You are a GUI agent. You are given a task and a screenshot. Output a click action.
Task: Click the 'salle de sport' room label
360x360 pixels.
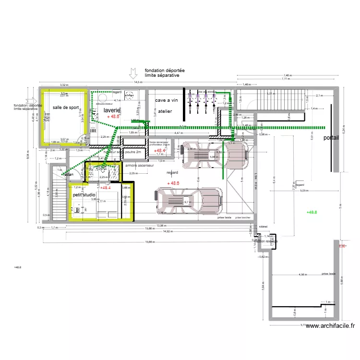tap(66, 108)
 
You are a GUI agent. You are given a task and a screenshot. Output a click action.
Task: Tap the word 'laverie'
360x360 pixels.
tap(111, 110)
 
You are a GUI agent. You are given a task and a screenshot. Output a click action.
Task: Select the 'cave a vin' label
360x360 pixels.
tap(167, 100)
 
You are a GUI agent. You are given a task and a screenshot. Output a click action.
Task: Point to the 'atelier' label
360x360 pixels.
tap(166, 111)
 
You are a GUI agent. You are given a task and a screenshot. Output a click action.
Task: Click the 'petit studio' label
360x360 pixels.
tap(84, 195)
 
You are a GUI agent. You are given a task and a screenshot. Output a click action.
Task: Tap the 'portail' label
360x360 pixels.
tap(331, 137)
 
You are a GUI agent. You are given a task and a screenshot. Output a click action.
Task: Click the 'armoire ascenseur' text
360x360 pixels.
tap(139, 165)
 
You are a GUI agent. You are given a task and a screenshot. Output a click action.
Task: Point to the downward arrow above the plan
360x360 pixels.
tap(132, 73)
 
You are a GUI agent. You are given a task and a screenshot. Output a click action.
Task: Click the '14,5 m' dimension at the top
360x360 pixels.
tap(138, 82)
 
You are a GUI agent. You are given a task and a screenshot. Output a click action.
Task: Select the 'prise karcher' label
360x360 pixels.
tap(243, 217)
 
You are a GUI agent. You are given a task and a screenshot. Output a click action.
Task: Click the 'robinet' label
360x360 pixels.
tap(263, 226)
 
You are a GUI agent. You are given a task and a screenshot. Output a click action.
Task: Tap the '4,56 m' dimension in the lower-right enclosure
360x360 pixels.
tap(302, 275)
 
